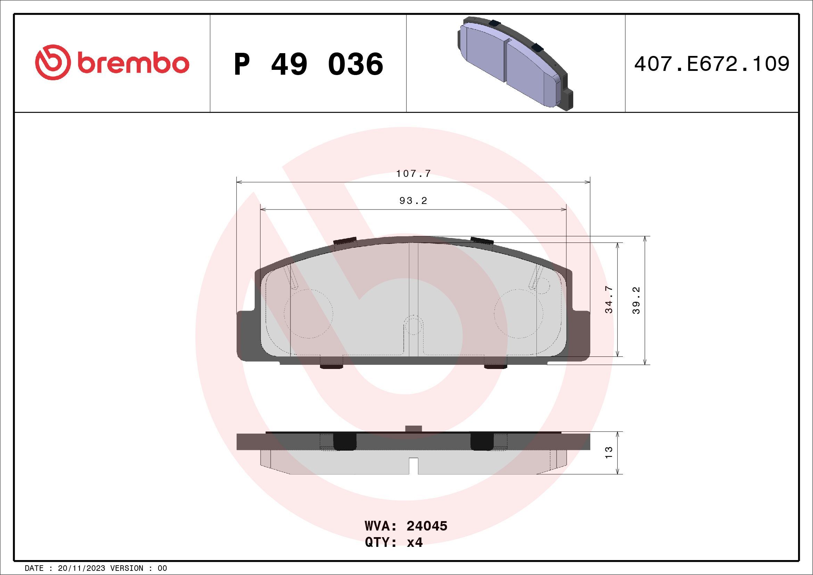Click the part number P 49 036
coord(309,64)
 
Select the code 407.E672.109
coord(712,64)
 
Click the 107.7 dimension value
coord(413,174)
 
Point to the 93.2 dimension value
coord(413,201)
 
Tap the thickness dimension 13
coord(609,452)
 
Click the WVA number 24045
coord(427,526)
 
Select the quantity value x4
coord(414,542)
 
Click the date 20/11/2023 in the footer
coord(81,568)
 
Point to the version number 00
coord(162,568)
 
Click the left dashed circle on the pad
coord(309,313)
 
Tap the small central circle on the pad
coord(413,325)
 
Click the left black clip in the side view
coord(345,442)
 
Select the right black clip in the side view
coord(482,442)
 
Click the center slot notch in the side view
coord(413,466)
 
